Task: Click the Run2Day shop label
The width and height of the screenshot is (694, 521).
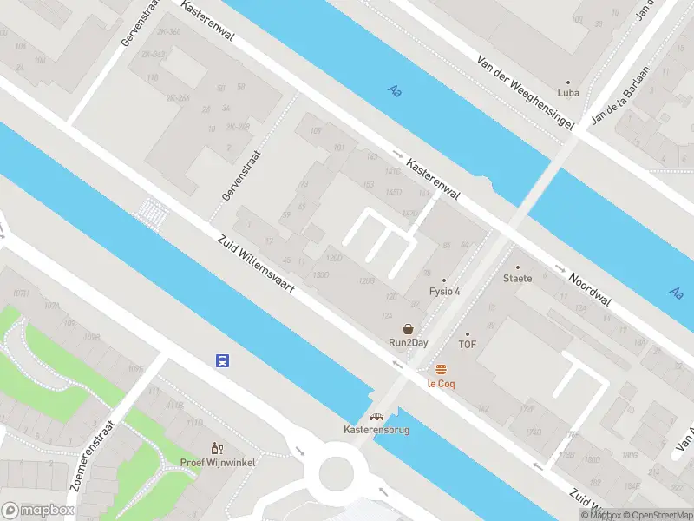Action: coord(408,343)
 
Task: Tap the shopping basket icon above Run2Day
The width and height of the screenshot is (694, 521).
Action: coord(408,329)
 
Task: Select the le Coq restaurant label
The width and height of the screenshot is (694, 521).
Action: coord(441,383)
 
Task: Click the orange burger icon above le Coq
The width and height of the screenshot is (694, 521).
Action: coord(442,369)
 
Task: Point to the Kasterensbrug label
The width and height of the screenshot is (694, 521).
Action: coord(375,430)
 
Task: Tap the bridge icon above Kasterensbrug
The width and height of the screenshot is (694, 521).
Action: coord(376,417)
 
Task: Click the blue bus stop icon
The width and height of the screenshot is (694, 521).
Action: coord(223,360)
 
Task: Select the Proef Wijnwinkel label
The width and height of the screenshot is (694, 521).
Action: coord(217,462)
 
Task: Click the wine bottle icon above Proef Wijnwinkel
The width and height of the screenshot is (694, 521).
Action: coord(217,448)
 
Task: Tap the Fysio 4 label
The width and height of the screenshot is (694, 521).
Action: coord(445,291)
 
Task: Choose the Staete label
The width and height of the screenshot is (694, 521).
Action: coord(517,279)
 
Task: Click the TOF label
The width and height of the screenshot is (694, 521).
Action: coord(468,345)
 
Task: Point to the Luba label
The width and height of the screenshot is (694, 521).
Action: coord(568,93)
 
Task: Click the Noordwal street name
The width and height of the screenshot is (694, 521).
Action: coord(590,291)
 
